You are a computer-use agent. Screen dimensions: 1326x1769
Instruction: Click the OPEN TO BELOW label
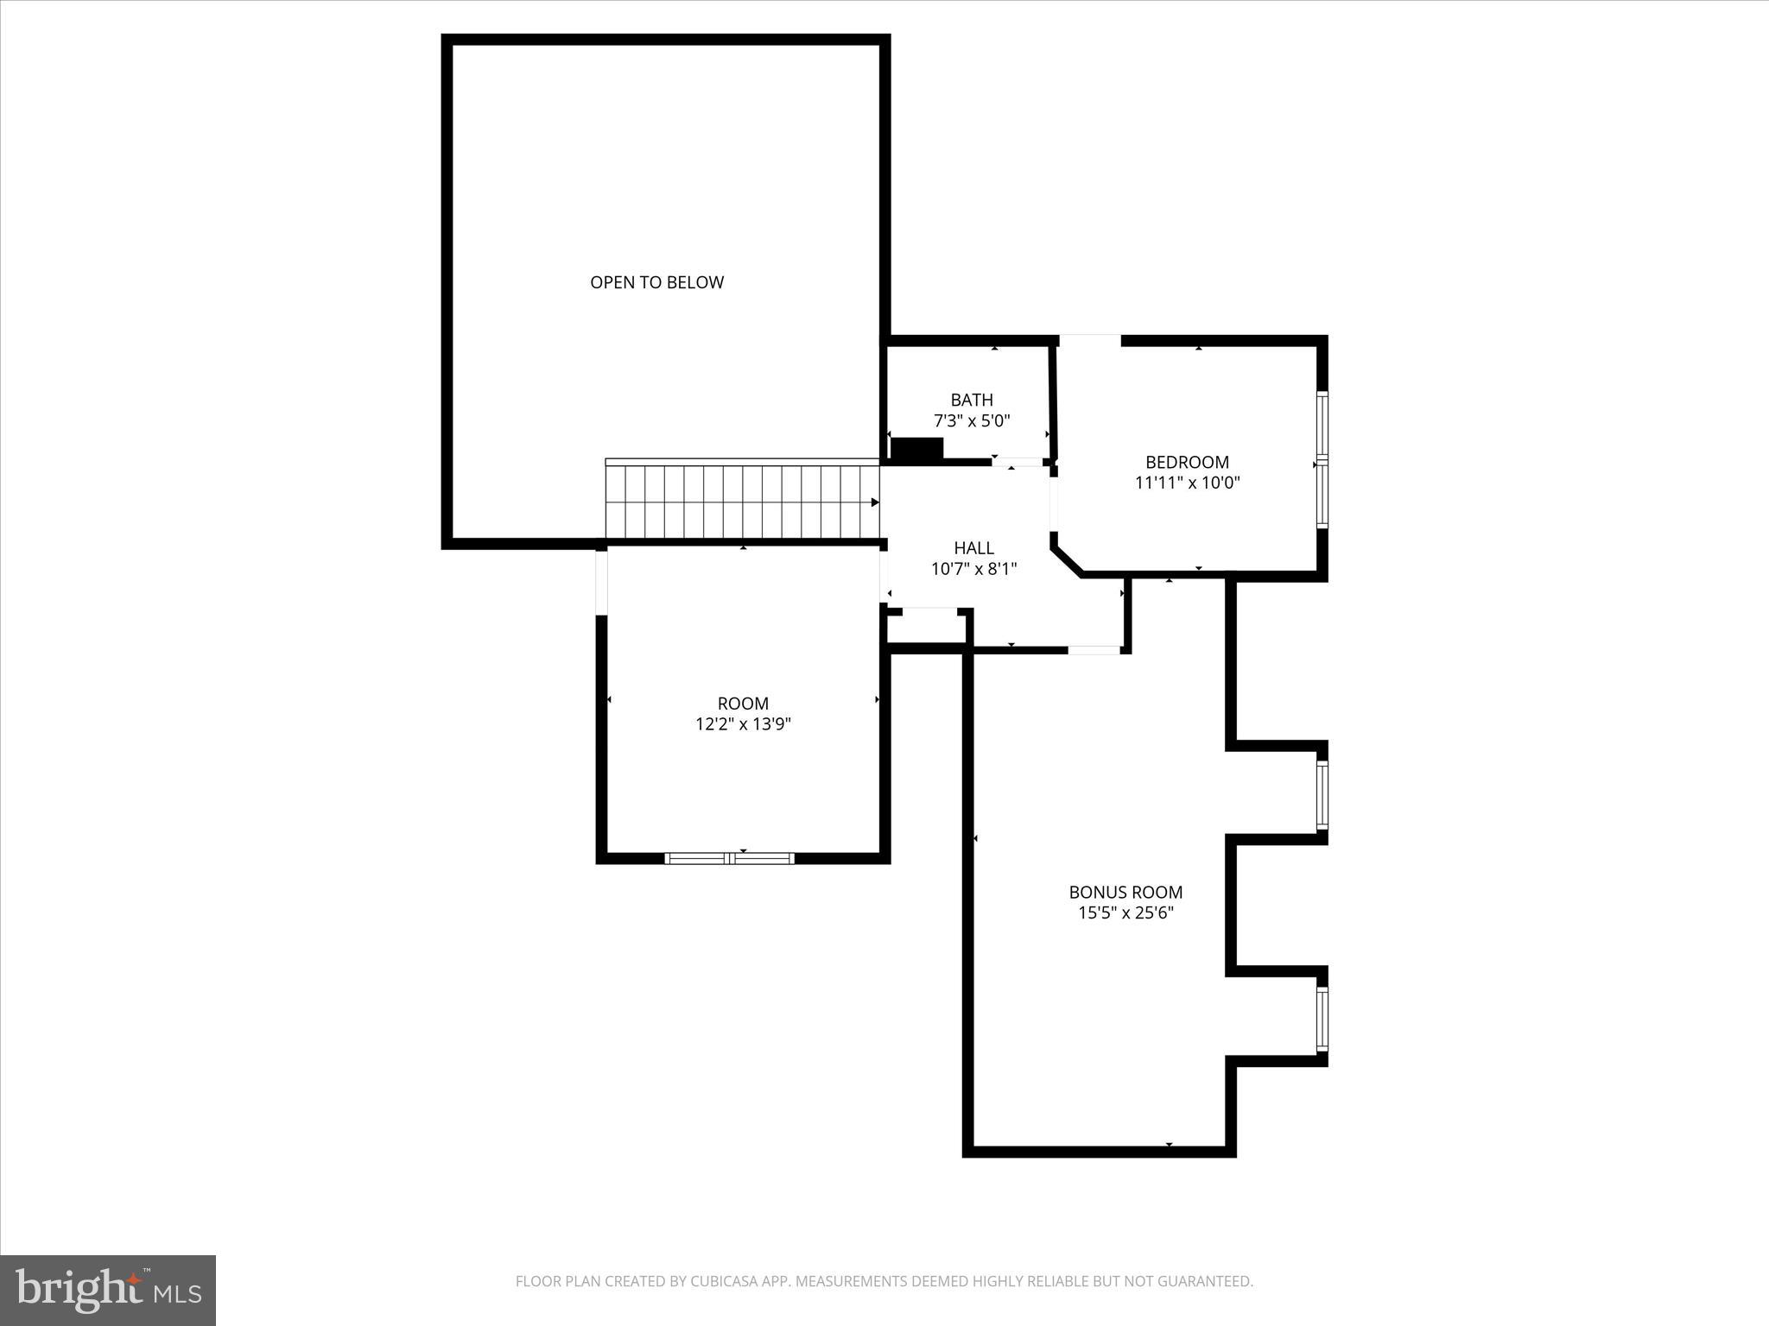click(x=656, y=282)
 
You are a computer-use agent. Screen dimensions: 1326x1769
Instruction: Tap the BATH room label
click(x=972, y=400)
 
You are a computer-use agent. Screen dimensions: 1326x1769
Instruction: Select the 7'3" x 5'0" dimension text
click(x=972, y=421)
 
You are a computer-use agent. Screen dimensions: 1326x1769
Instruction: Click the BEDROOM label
click(x=1187, y=462)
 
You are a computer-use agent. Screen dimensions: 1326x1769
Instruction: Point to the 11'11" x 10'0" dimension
click(x=1187, y=483)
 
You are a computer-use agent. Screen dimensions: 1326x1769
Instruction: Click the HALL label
click(x=973, y=547)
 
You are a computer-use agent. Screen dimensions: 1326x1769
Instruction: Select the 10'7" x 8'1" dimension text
click(x=973, y=569)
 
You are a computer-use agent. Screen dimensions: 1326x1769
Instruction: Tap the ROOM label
click(x=743, y=704)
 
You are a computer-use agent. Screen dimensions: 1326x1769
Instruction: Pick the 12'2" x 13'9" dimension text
click(x=743, y=724)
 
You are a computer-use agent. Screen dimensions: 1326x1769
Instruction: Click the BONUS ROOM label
click(x=1125, y=892)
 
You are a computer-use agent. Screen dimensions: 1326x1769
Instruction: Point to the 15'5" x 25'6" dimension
click(x=1125, y=912)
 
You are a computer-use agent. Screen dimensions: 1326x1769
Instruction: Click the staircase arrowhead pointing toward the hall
click(x=874, y=502)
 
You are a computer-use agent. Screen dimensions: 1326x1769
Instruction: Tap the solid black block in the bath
click(x=916, y=448)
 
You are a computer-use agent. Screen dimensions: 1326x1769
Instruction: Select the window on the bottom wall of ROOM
click(x=729, y=858)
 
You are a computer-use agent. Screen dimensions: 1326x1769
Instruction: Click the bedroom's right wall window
click(x=1322, y=459)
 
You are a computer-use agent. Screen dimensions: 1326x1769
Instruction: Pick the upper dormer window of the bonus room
click(x=1322, y=795)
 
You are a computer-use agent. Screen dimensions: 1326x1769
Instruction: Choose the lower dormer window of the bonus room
click(x=1322, y=1020)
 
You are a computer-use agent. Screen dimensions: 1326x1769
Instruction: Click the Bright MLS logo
click(x=108, y=1291)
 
